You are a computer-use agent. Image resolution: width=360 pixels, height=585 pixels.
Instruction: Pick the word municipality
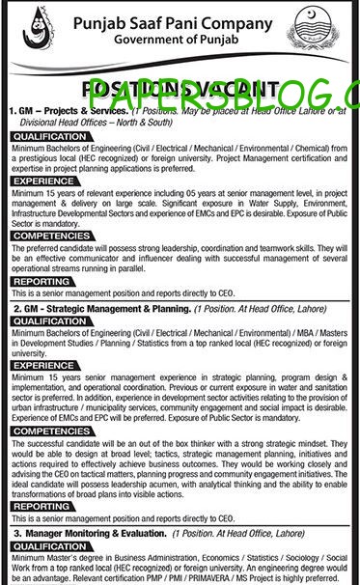coord(102,406)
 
